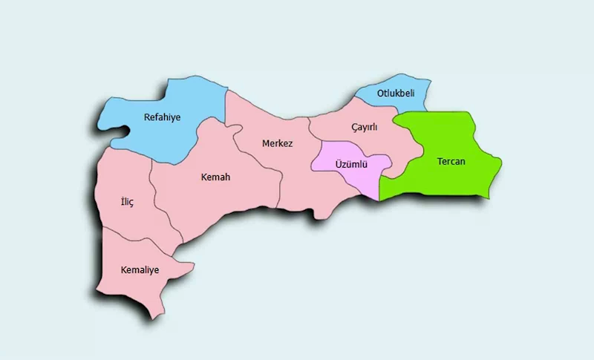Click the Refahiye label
[162, 117]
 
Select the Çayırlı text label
[365, 127]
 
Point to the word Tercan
[451, 161]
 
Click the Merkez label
[278, 143]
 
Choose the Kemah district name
[216, 177]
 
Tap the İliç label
[127, 203]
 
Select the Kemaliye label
[140, 269]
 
